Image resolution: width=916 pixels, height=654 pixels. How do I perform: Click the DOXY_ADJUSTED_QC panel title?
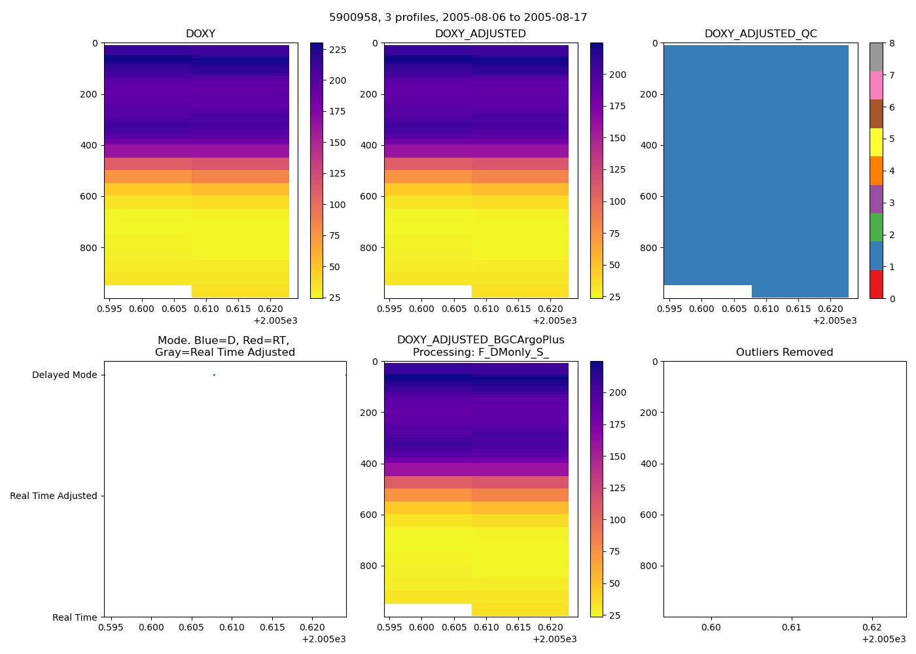tap(760, 34)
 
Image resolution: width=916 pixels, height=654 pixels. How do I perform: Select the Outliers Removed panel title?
tap(784, 353)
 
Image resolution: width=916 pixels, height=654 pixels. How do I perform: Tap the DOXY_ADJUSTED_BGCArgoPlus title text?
tap(480, 340)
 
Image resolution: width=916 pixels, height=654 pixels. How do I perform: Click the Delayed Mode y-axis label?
tap(64, 375)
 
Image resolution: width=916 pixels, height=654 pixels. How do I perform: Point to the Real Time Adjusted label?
tap(54, 496)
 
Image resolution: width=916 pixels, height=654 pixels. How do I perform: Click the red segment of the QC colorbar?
tap(876, 284)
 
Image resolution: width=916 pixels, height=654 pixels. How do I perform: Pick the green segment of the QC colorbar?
tap(876, 227)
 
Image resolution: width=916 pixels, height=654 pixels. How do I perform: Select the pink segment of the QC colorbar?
tap(876, 85)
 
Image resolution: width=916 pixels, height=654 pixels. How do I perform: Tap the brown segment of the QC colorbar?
tap(876, 114)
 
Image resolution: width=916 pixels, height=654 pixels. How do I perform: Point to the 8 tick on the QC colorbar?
tap(891, 44)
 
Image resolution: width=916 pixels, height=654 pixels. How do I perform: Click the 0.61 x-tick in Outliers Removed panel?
tap(792, 628)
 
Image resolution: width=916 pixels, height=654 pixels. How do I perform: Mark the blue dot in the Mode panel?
tap(214, 375)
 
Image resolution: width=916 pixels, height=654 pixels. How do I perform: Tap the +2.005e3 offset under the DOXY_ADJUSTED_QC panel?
tap(834, 320)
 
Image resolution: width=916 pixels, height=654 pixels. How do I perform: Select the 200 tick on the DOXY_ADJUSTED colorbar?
tap(618, 75)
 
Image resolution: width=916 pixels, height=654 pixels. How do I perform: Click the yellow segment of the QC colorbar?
tap(876, 142)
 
